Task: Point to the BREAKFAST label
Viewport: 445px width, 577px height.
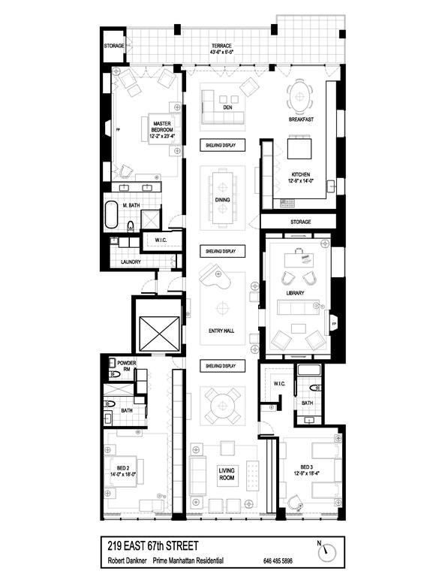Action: point(300,119)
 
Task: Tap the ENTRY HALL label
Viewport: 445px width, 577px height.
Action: point(222,330)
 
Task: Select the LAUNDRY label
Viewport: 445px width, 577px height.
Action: point(131,262)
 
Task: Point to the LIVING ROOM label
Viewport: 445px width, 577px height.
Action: point(227,473)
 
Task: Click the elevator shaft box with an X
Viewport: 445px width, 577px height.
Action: point(158,328)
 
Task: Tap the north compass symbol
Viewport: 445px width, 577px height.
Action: point(329,552)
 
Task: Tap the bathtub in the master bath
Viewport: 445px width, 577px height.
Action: point(111,215)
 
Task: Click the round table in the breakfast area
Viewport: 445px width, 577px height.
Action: point(301,94)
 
